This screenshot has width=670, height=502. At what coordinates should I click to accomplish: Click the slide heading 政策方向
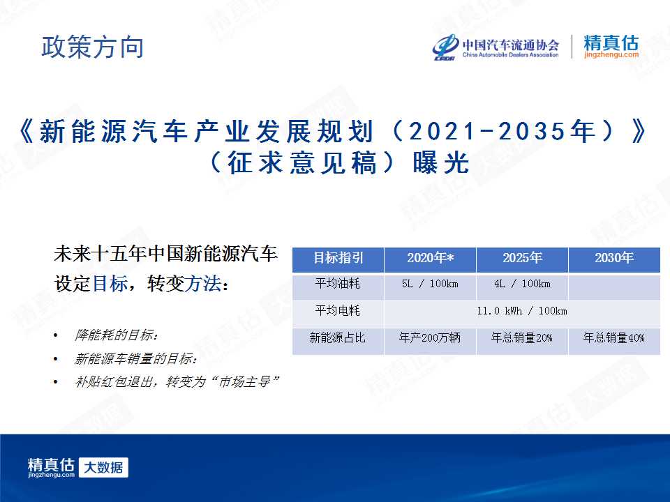[x=92, y=47]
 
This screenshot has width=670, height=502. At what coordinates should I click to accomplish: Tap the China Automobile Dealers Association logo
[x=496, y=47]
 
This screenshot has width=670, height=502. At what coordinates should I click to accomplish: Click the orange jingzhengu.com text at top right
[x=611, y=54]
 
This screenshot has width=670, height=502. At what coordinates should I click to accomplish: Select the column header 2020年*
[x=431, y=258]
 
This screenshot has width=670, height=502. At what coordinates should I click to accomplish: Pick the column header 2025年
[x=522, y=258]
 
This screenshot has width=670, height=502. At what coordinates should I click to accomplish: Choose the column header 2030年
[x=614, y=258]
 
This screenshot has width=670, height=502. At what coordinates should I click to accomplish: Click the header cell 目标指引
[x=338, y=258]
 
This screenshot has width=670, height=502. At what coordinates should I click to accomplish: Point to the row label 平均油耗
[x=338, y=284]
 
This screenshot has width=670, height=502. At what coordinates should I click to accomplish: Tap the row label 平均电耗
[x=338, y=310]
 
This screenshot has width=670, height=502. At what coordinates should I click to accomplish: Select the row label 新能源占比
[x=338, y=338]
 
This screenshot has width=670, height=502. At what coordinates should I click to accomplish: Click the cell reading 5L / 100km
[x=430, y=284]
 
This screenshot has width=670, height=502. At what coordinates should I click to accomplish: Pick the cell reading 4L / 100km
[x=522, y=284]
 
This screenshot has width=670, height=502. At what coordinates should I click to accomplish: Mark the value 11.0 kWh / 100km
[x=522, y=311]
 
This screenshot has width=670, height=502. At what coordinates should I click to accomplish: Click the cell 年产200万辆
[x=430, y=338]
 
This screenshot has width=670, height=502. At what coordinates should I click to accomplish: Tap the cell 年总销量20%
[x=522, y=338]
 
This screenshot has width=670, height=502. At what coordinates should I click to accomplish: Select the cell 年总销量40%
[x=614, y=338]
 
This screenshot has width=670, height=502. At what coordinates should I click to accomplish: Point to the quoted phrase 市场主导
[x=244, y=381]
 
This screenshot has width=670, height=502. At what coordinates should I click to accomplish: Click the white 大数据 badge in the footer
[x=103, y=468]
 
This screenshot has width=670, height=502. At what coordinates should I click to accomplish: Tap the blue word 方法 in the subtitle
[x=203, y=284]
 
